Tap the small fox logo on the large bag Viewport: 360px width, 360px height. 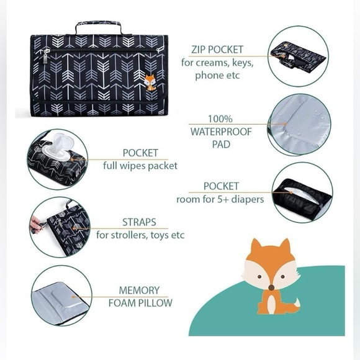click(x=150, y=81)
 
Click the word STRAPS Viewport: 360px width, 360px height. click(x=140, y=222)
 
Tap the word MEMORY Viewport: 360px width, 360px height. click(x=140, y=290)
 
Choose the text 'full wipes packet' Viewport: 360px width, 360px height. click(x=140, y=166)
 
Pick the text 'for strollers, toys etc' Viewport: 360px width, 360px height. click(x=140, y=235)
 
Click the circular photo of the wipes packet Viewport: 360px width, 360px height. click(x=57, y=159)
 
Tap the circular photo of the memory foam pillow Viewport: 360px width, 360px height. click(x=61, y=295)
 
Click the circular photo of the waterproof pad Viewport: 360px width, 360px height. click(x=300, y=124)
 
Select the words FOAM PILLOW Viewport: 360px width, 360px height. click(x=140, y=304)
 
